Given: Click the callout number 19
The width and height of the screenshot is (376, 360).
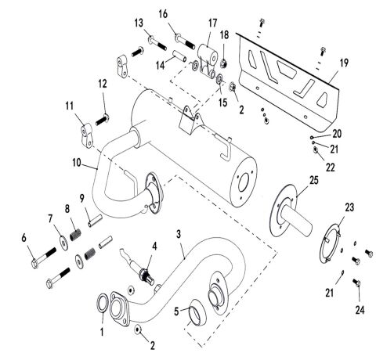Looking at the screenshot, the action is tap(344, 63).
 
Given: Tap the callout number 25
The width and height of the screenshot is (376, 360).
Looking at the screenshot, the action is tap(314, 180).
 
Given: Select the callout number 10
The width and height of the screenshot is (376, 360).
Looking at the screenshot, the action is tap(77, 163).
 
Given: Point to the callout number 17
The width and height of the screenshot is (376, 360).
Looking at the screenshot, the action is tap(213, 23).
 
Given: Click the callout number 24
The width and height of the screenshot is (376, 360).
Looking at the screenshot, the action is tap(360, 310).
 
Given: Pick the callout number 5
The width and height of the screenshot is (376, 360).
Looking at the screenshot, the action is tap(176, 311).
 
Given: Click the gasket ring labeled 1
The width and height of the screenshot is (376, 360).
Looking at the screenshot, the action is tap(103, 303).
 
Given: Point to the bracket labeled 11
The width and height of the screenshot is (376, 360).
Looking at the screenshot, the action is tap(86, 135).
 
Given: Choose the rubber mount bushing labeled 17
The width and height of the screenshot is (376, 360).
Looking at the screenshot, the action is tap(208, 60).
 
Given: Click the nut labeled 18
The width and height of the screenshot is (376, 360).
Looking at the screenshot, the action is tap(223, 63).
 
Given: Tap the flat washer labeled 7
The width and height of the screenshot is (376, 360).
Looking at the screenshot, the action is tap(63, 243).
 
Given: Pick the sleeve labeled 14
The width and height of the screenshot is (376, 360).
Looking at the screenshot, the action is tap(179, 56).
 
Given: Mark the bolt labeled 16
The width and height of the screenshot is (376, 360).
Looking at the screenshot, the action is tap(185, 41).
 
